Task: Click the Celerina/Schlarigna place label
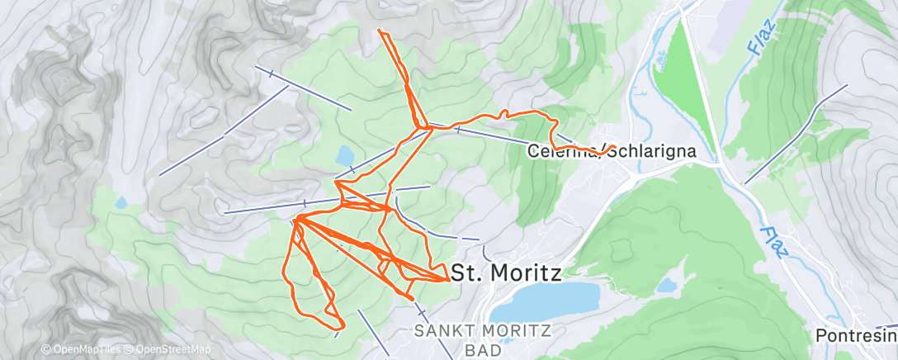click(x=611, y=151)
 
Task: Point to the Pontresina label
click(x=855, y=335)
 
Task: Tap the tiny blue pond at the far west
click(x=122, y=202)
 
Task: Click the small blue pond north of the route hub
click(x=345, y=155)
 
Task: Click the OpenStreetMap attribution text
click(x=174, y=350)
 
